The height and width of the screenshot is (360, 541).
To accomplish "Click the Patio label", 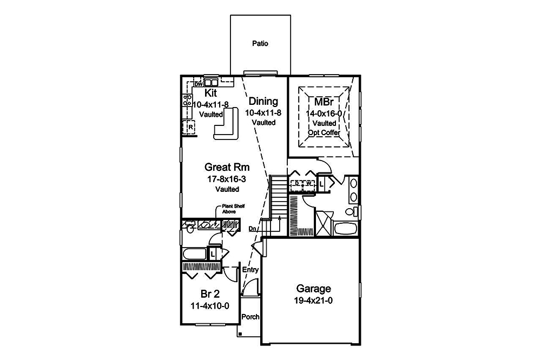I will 260,44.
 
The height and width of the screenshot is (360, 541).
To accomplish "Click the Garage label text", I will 313,289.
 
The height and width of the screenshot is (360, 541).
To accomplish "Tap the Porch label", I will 250,317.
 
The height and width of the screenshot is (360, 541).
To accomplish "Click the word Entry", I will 250,270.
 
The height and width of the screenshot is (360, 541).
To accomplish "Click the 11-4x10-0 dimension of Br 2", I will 210,305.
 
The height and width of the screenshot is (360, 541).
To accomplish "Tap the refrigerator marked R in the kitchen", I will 190,128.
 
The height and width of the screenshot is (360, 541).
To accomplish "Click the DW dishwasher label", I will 197,84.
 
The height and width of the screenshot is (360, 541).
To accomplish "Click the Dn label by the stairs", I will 253,229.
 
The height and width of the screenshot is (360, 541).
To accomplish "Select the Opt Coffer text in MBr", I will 322,132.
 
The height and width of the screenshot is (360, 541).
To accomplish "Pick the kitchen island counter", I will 227,124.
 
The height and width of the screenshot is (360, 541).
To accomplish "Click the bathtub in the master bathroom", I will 345,228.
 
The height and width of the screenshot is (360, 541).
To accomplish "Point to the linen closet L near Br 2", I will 213,253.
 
